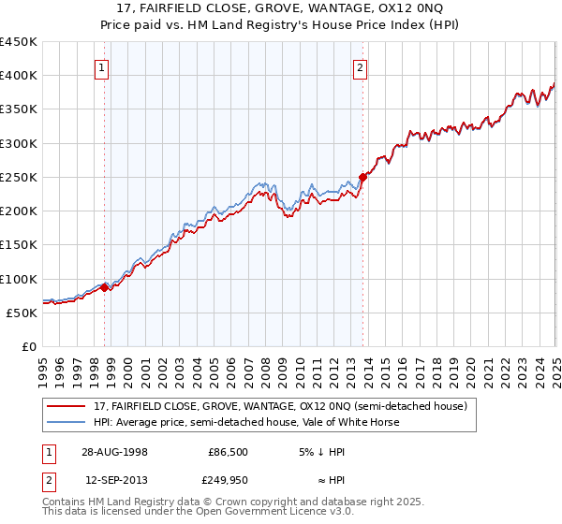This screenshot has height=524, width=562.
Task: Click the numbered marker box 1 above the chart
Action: point(101,66)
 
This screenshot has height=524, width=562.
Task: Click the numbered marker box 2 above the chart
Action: point(360,66)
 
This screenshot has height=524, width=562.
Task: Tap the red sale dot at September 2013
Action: point(362,177)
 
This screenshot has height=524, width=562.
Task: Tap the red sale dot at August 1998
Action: point(105,287)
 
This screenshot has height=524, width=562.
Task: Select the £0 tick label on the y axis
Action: point(27,346)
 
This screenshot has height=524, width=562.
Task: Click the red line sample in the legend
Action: point(66,406)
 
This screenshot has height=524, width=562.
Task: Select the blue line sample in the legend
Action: point(66,422)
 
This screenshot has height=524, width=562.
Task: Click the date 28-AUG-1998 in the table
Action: point(115,451)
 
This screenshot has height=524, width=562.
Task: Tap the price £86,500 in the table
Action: point(228,451)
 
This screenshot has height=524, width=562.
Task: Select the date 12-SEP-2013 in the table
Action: point(115,480)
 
